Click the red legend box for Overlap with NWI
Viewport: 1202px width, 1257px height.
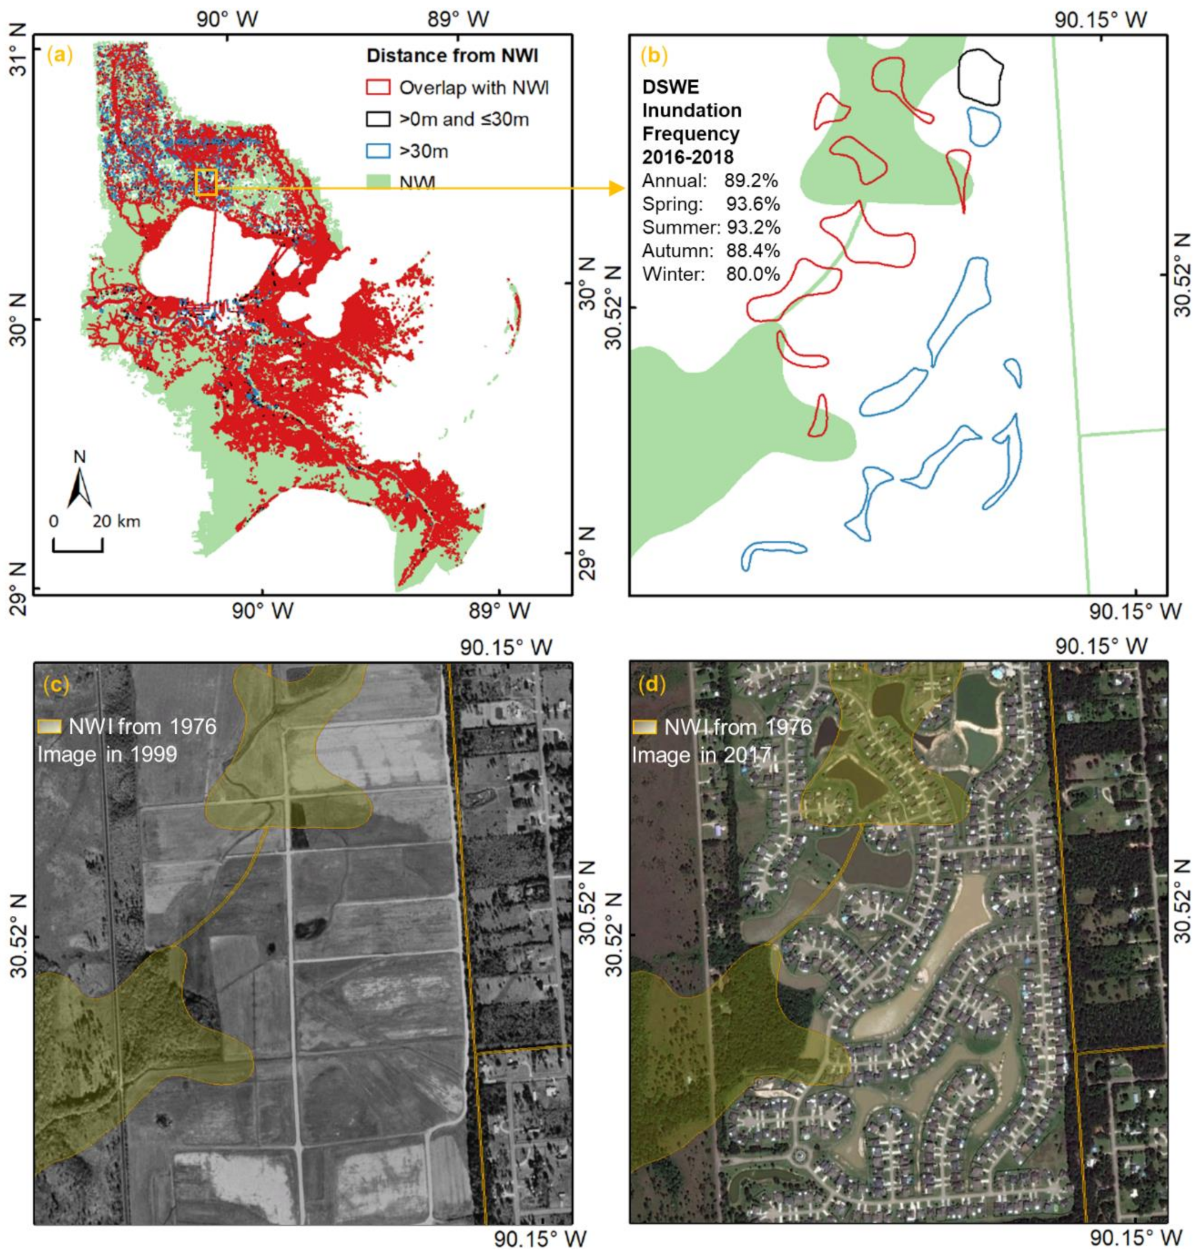pyautogui.click(x=380, y=87)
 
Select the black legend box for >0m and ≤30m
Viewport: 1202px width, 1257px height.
pyautogui.click(x=380, y=119)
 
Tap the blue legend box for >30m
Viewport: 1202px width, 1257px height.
pyautogui.click(x=380, y=151)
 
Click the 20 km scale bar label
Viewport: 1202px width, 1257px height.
pyautogui.click(x=116, y=521)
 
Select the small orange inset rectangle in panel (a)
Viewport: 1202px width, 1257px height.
pyautogui.click(x=206, y=183)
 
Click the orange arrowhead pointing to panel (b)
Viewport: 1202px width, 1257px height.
pyautogui.click(x=616, y=188)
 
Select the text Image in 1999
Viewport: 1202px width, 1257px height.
pyautogui.click(x=107, y=754)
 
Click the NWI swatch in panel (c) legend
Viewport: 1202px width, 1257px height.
pyautogui.click(x=50, y=726)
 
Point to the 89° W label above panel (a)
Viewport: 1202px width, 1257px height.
pyautogui.click(x=458, y=19)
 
